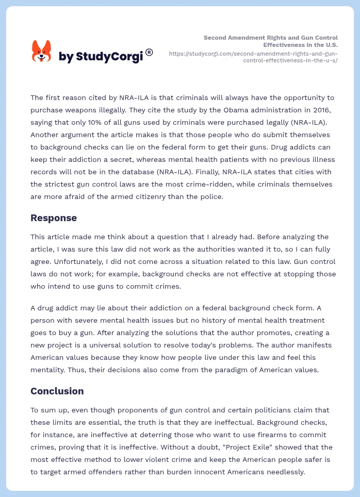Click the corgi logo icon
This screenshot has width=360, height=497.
coord(41,52)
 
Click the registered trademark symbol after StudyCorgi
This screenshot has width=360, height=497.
coord(149,52)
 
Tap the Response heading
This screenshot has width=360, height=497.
coord(54,218)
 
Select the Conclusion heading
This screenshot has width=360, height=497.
coord(57,391)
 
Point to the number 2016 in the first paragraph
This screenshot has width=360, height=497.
coord(323,110)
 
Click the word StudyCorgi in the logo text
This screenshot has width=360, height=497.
coord(109,57)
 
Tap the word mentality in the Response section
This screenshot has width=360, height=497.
coord(50,370)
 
